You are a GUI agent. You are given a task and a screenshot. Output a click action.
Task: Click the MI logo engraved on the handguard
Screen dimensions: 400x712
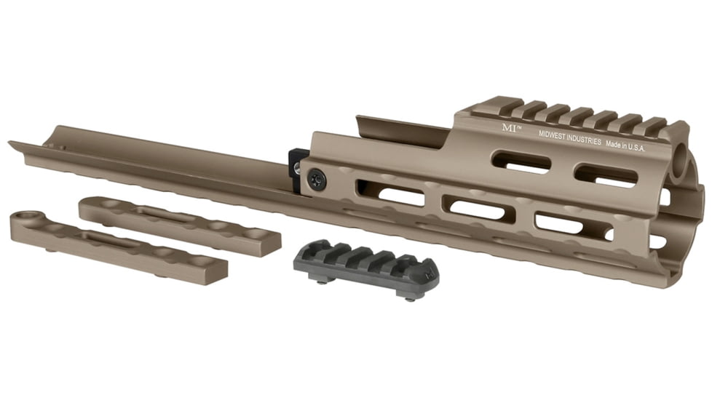pos(509,127)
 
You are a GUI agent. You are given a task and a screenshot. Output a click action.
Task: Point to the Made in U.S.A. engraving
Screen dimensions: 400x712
pos(626,145)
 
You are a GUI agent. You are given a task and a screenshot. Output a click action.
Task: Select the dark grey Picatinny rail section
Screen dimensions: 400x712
pos(365,263)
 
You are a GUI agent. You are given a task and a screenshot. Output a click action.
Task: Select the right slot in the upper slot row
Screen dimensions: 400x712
pos(606,174)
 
